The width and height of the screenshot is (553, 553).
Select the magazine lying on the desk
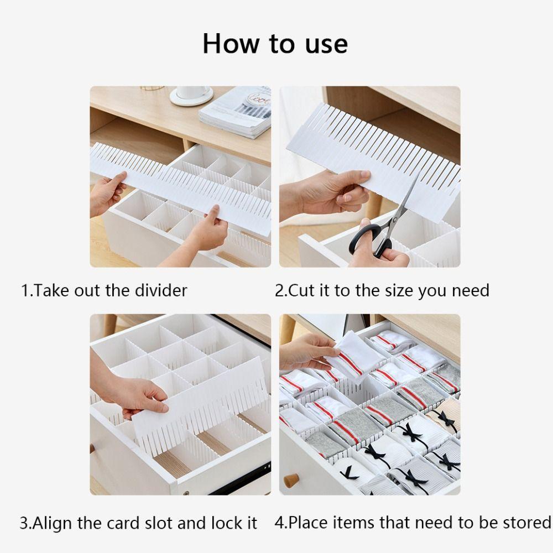coord(235,113)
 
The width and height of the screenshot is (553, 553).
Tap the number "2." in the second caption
coord(281,290)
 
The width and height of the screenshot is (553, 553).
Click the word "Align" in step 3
coord(53,523)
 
